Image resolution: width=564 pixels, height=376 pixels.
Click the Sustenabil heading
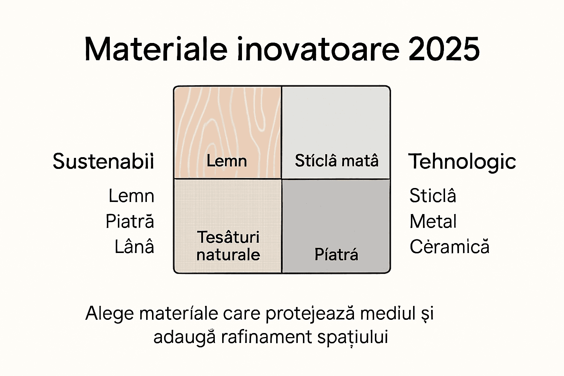pyautogui.click(x=103, y=162)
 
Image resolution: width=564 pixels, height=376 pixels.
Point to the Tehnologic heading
pyautogui.click(x=462, y=162)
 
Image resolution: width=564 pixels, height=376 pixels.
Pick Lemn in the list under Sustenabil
pyautogui.click(x=131, y=196)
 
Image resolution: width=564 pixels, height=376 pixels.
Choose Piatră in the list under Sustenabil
pyautogui.click(x=130, y=221)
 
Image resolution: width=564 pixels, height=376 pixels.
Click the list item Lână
pyautogui.click(x=134, y=247)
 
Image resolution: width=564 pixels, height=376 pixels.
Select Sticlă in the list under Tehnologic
pyautogui.click(x=433, y=195)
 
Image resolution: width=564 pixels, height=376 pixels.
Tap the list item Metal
pyautogui.click(x=433, y=221)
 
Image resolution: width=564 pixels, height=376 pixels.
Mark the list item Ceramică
pyautogui.click(x=449, y=247)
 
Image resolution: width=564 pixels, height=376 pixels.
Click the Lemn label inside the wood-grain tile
pyautogui.click(x=227, y=161)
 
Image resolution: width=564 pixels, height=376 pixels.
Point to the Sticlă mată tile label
pyautogui.click(x=336, y=161)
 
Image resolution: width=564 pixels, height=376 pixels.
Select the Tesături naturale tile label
pyautogui.click(x=228, y=246)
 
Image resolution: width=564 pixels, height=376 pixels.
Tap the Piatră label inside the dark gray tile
pyautogui.click(x=336, y=254)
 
